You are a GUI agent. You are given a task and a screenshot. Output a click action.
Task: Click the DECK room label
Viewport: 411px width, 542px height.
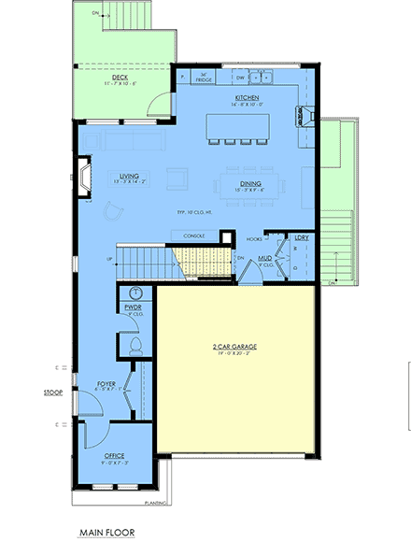click(120, 78)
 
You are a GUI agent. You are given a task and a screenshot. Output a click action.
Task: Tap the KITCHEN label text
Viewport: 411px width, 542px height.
click(246, 96)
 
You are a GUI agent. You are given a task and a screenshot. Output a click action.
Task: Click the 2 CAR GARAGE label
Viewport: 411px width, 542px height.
click(234, 347)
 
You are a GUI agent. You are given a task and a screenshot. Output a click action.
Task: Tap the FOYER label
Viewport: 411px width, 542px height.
click(106, 383)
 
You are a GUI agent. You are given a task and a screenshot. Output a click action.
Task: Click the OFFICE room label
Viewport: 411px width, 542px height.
click(113, 455)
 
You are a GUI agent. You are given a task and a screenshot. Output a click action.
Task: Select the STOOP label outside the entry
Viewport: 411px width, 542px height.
click(52, 392)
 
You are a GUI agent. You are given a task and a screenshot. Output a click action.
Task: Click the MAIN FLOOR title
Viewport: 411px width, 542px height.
click(107, 532)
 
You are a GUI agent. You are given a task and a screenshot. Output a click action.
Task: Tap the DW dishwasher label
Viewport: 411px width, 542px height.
click(240, 78)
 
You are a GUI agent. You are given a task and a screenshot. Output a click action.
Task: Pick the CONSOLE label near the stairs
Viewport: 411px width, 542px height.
click(194, 235)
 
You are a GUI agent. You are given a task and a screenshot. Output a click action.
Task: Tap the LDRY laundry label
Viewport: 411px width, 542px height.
click(301, 238)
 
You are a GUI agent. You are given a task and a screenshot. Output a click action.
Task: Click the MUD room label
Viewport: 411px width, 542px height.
click(265, 257)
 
